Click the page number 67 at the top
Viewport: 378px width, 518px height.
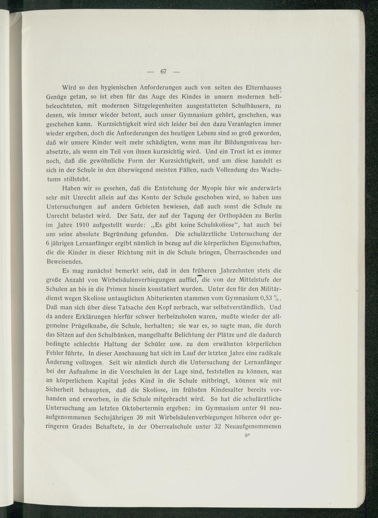pos(164,71)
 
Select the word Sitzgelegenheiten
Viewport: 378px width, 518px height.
pos(158,106)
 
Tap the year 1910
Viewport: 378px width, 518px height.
pos(82,225)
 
